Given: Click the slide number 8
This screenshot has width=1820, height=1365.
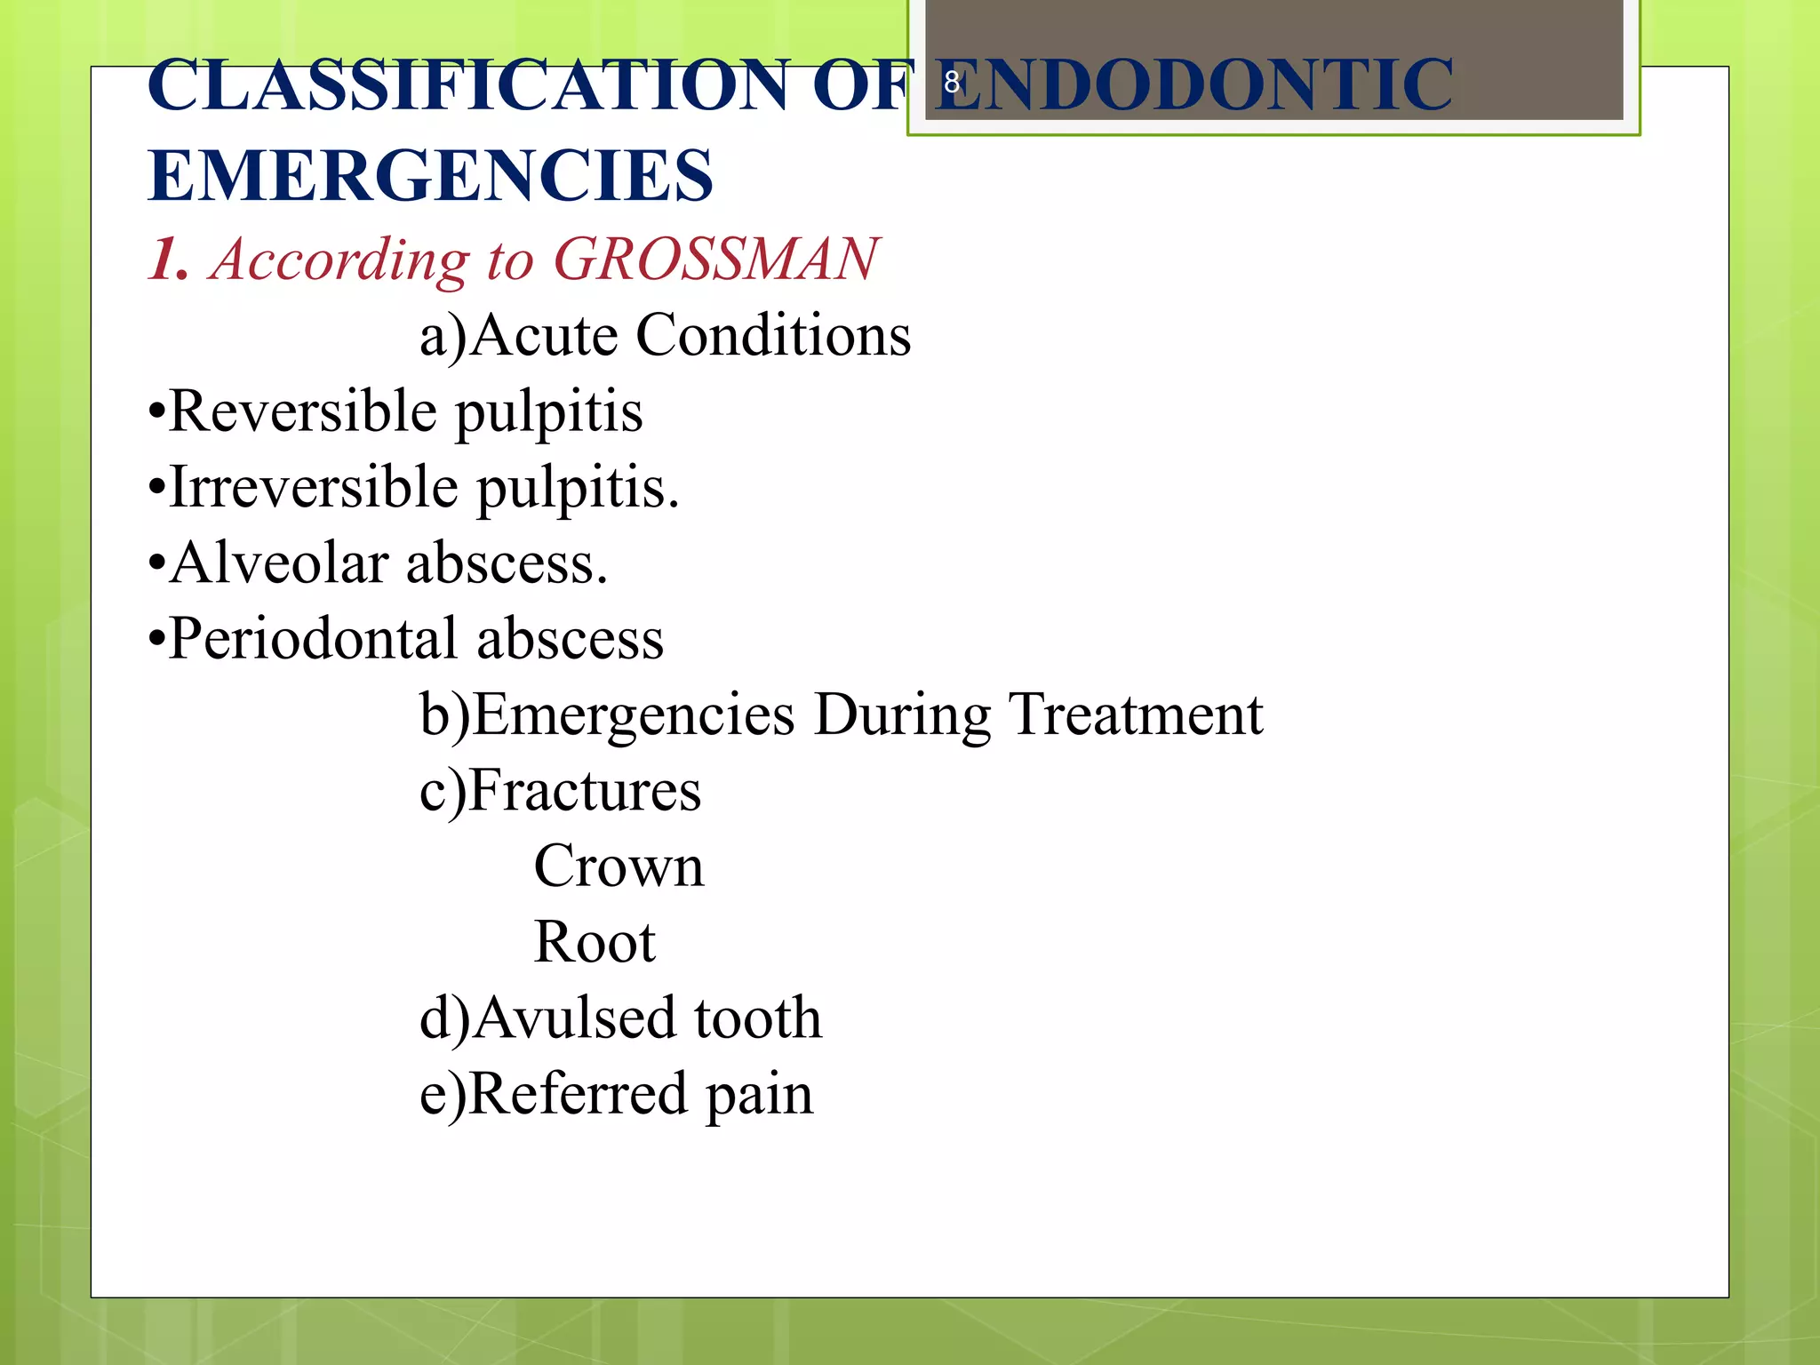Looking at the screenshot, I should point(952,83).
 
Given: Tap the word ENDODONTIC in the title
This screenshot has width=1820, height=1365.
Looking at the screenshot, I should point(1193,86).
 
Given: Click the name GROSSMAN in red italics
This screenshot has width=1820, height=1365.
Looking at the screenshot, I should point(715,259).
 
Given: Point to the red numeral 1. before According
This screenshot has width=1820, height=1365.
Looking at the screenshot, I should point(169,259).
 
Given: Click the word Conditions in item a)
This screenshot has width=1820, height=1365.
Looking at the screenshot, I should point(773,336).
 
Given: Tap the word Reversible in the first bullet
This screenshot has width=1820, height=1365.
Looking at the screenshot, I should point(302,411).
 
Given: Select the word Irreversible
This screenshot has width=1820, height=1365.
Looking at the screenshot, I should point(314,488).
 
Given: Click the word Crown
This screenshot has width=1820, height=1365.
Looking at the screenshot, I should point(619,866).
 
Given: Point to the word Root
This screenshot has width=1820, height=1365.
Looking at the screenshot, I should point(594,942).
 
